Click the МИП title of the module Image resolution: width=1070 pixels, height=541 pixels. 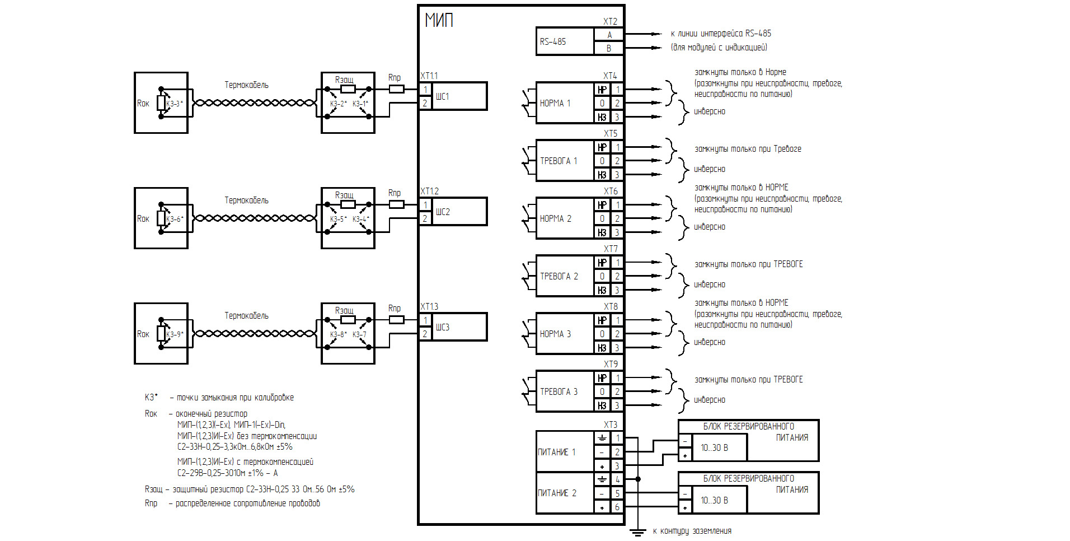coord(439,20)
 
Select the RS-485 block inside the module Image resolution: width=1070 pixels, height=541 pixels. coord(565,41)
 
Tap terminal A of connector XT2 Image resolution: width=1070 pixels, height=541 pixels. coord(609,35)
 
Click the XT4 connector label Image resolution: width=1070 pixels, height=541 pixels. coord(610,76)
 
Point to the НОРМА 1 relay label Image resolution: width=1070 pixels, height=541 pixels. coord(555,103)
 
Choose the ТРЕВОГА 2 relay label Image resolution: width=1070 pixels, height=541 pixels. coord(559,276)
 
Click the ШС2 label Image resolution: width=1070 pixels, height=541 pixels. coord(443,212)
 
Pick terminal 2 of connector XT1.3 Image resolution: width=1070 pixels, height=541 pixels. coord(425,334)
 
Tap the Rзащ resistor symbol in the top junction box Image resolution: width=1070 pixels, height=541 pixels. coord(348,89)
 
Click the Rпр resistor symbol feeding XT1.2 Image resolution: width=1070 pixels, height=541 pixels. coord(396,204)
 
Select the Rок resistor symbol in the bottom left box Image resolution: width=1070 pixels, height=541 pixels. coord(161,334)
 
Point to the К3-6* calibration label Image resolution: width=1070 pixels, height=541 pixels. coord(175,219)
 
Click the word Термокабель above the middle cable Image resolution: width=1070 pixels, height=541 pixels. coord(246,200)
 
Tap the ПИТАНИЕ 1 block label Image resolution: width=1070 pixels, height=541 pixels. coord(557,452)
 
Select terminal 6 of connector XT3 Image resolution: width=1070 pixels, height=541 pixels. coord(617,507)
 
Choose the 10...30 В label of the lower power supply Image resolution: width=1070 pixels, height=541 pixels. coord(714,500)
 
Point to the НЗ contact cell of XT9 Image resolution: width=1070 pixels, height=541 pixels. coord(602,405)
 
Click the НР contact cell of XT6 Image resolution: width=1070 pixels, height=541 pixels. coord(602,205)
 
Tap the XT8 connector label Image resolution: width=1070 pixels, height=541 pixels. coord(611,306)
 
